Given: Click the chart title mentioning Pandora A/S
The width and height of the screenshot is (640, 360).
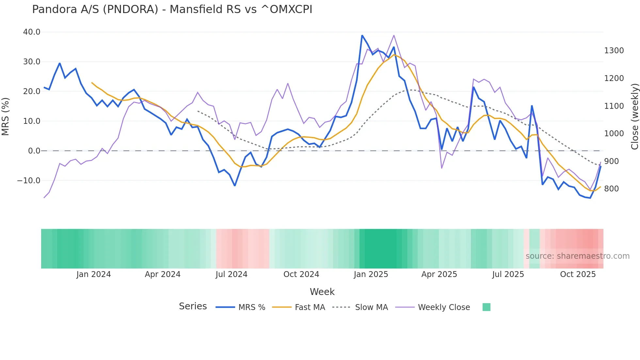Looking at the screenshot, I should click(x=172, y=9).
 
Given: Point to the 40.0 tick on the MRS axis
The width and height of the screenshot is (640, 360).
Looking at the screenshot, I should click(x=32, y=32).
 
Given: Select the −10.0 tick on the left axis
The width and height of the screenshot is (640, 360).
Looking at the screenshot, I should click(x=29, y=180).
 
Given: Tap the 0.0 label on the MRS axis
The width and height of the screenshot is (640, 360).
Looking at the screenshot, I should click(x=34, y=151).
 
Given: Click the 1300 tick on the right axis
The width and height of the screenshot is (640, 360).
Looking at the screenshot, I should click(x=614, y=51).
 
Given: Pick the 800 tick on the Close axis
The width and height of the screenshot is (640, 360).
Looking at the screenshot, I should click(x=611, y=189).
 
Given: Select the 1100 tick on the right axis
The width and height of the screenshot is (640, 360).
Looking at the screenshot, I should click(x=614, y=106).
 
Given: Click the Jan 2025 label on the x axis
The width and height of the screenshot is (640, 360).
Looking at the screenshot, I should click(x=371, y=274).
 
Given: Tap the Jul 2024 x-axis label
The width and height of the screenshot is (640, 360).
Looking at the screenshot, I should click(x=231, y=274).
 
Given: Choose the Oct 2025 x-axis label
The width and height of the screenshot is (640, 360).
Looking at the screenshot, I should click(x=578, y=274).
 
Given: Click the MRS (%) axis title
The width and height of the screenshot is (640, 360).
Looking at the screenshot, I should click(x=6, y=116).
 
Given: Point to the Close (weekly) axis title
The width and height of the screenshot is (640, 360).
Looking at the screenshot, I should click(x=634, y=117).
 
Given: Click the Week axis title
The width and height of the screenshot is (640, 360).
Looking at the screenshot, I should click(x=322, y=292).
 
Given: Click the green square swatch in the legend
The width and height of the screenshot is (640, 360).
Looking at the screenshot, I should click(x=486, y=307).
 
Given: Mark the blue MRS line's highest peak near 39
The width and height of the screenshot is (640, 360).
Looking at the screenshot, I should click(x=362, y=35).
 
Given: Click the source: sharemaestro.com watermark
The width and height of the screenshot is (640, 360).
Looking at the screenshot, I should click(x=577, y=256).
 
